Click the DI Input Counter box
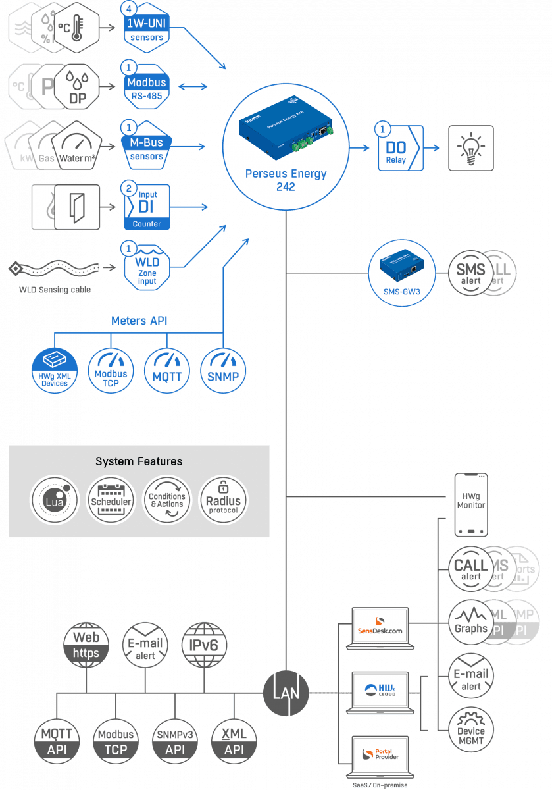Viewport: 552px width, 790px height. click(x=147, y=207)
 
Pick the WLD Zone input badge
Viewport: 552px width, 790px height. click(x=147, y=267)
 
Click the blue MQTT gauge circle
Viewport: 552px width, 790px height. click(x=167, y=371)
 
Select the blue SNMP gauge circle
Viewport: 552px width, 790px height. click(x=224, y=371)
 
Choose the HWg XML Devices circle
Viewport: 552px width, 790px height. click(x=55, y=371)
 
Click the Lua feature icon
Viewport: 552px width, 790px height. click(x=53, y=500)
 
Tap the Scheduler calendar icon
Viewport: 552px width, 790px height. click(x=110, y=500)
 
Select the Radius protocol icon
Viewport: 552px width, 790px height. click(x=223, y=500)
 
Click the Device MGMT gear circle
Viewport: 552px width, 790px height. click(x=470, y=731)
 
